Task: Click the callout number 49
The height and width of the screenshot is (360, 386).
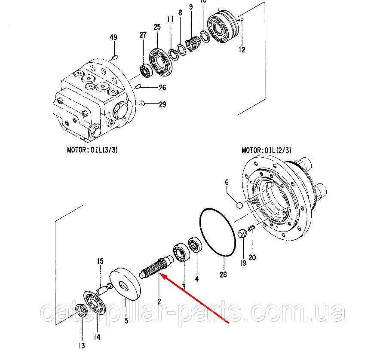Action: click(x=113, y=38)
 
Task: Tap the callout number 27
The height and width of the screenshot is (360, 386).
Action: click(x=143, y=35)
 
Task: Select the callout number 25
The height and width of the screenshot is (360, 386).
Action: click(x=157, y=27)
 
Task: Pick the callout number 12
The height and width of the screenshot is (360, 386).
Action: click(x=242, y=50)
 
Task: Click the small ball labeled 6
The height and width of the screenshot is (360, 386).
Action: click(x=239, y=205)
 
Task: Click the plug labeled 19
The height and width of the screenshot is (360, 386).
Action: click(x=242, y=234)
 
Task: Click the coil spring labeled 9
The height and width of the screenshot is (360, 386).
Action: click(x=193, y=44)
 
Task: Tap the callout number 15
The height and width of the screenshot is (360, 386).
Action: click(x=100, y=261)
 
